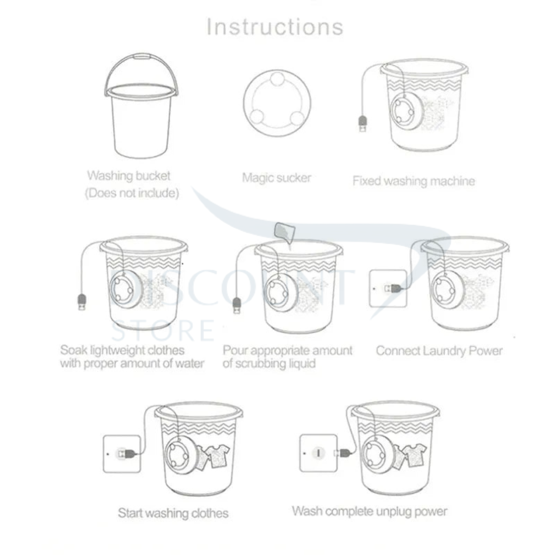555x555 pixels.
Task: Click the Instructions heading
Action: (275, 27)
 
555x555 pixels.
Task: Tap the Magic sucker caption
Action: (276, 178)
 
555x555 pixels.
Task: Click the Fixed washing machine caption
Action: (414, 181)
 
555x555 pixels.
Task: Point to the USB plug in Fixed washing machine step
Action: (362, 124)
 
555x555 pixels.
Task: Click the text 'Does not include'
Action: (132, 194)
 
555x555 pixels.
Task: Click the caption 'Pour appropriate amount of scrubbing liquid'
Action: (287, 357)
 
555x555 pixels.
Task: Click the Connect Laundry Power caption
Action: (439, 351)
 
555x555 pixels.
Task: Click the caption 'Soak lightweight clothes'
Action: (122, 350)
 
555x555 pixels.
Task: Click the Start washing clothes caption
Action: (173, 513)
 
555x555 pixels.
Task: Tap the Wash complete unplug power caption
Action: (369, 511)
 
